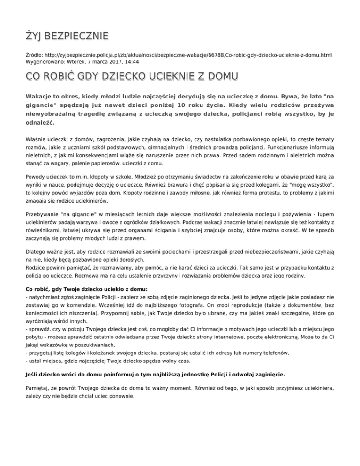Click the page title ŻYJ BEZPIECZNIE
(67, 36)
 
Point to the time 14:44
(133, 61)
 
